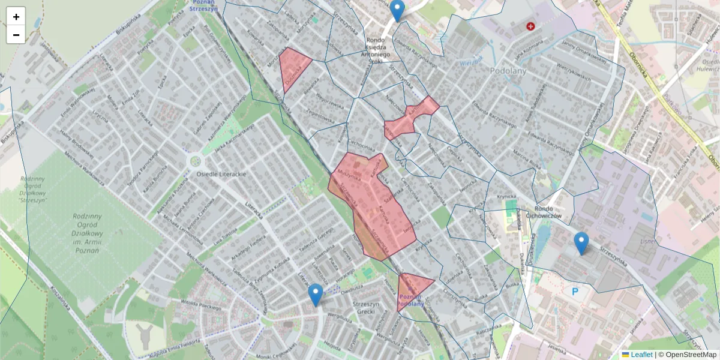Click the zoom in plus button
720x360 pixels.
(x=16, y=16)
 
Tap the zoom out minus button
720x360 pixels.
(x=16, y=35)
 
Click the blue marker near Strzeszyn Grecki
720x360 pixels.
(x=316, y=295)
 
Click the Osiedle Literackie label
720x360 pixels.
(x=221, y=174)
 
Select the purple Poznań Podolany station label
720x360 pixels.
(x=412, y=300)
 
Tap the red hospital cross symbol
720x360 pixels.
(x=530, y=26)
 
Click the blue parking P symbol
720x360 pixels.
(x=575, y=292)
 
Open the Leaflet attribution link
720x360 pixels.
(x=641, y=355)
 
